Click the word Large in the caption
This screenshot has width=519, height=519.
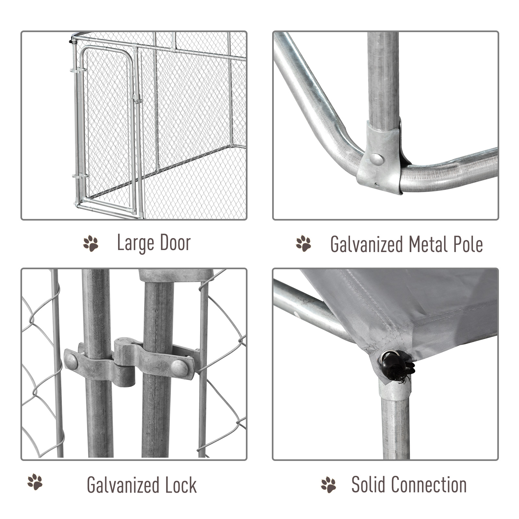pos(135,243)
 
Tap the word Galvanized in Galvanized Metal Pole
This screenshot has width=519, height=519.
pos(366,245)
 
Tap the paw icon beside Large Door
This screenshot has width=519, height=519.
pos(91,244)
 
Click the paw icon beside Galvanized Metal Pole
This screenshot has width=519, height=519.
pos(303,244)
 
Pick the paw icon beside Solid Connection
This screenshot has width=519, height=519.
pos(328,485)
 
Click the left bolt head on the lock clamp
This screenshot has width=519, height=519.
pos(71,361)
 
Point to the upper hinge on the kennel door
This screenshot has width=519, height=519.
pos(78,70)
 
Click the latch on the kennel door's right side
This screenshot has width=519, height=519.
pos(136,99)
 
